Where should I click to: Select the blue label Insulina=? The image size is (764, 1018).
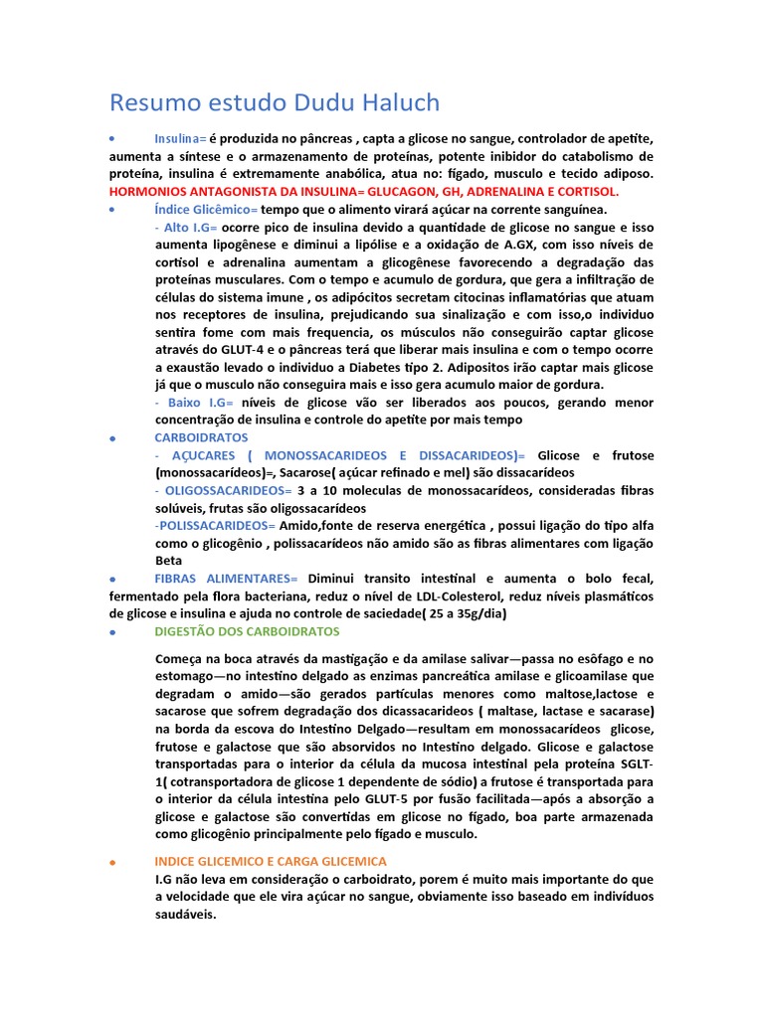(x=180, y=138)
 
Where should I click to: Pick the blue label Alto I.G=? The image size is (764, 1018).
(x=186, y=228)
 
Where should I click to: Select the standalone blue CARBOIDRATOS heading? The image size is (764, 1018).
(x=202, y=437)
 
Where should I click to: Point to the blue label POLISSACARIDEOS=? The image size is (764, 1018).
(x=215, y=525)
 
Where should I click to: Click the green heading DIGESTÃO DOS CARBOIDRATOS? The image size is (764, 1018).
(x=247, y=631)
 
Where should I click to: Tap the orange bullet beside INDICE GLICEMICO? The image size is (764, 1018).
(x=113, y=862)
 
